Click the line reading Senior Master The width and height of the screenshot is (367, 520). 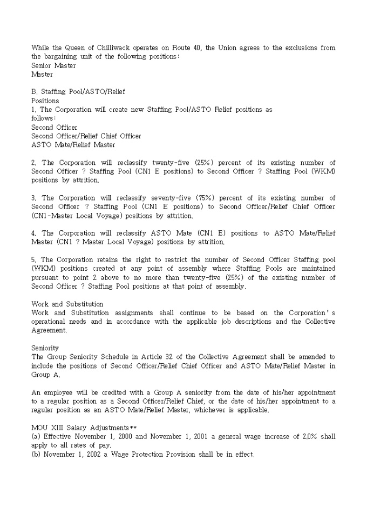[53, 65]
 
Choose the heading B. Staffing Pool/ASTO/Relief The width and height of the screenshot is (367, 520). [78, 92]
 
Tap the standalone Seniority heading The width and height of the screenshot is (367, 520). [45, 348]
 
